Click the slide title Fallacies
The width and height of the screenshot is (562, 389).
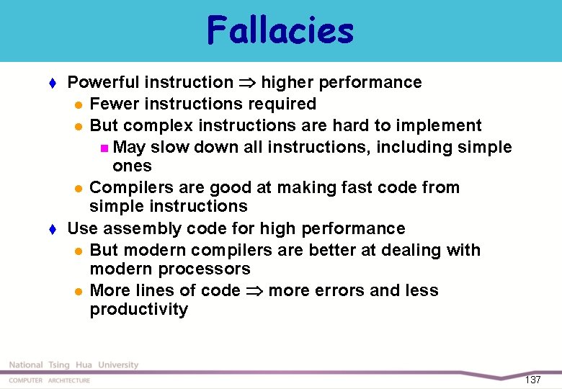click(x=280, y=31)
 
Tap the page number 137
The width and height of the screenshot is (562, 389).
click(x=532, y=380)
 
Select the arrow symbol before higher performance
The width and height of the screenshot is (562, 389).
click(x=247, y=83)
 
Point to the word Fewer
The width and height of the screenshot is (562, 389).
click(x=111, y=104)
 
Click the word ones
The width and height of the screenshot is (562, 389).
click(x=132, y=166)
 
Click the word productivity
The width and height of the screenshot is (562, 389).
click(x=138, y=310)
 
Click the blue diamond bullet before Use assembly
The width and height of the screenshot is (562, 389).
click(x=53, y=229)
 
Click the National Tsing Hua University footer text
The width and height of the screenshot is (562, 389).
click(x=73, y=365)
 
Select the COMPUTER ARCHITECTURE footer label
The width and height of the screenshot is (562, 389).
click(x=50, y=380)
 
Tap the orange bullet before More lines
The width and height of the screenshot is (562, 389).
click(x=78, y=291)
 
